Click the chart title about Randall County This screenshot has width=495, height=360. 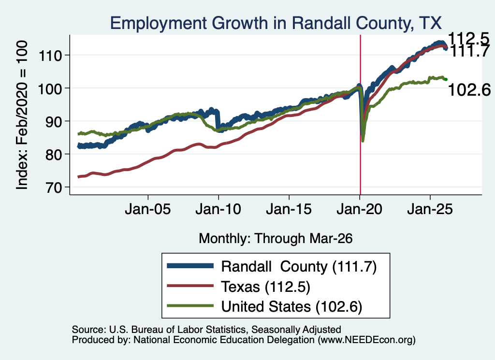(276, 23)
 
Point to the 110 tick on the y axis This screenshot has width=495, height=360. (50, 56)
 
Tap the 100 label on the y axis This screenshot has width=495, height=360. (50, 88)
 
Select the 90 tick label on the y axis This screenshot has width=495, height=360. (53, 121)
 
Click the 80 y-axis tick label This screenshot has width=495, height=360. (53, 155)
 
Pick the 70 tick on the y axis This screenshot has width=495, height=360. (53, 187)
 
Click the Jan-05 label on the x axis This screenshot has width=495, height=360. (148, 209)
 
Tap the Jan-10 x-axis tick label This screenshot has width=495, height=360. (218, 209)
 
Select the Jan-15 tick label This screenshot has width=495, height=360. (289, 209)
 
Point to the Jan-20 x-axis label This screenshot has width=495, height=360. (359, 209)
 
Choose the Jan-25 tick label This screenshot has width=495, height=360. (430, 209)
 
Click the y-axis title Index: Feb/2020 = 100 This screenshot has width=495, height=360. (22, 115)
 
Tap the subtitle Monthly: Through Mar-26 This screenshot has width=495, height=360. (276, 239)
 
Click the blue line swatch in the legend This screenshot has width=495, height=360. (190, 266)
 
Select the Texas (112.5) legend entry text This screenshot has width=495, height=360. (265, 287)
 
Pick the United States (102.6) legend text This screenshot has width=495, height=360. (291, 307)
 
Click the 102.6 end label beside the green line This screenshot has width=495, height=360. (469, 90)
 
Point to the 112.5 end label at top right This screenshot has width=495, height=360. (468, 39)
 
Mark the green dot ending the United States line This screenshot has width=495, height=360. (446, 80)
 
